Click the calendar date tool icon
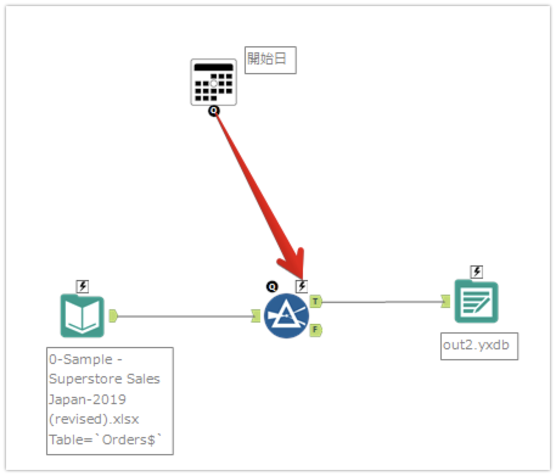(213, 82)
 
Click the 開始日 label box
(270, 60)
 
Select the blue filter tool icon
(287, 316)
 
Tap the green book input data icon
(82, 315)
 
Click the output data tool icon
(476, 301)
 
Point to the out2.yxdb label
(479, 345)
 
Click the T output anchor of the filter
(315, 301)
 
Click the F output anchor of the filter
(315, 330)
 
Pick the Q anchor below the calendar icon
(214, 111)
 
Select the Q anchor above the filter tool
(272, 285)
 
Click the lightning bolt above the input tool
(83, 285)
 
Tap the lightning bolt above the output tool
(477, 271)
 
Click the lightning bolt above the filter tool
(301, 285)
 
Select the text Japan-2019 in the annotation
(88, 399)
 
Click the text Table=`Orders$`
(105, 441)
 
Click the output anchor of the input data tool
(113, 315)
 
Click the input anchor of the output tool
(445, 301)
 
